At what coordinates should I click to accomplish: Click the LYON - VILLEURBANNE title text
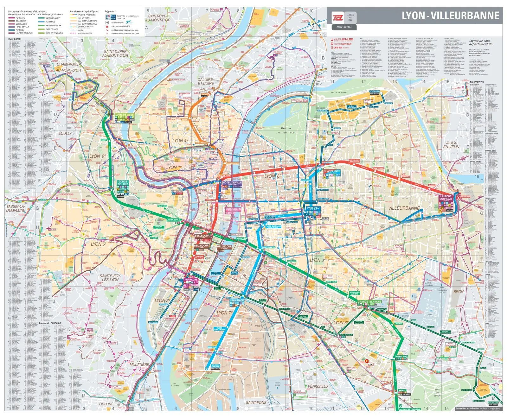tap(450, 16)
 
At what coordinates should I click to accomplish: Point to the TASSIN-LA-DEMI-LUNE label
tap(16, 208)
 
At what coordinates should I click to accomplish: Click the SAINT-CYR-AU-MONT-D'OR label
tap(158, 18)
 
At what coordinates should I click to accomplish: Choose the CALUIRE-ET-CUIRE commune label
tap(206, 81)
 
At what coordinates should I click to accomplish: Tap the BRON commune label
tap(458, 291)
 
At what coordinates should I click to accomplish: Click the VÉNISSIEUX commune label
tap(318, 386)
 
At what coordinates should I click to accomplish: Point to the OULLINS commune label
tap(106, 404)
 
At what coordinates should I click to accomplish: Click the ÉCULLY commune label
tap(65, 133)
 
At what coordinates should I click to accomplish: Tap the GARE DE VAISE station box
tap(125, 115)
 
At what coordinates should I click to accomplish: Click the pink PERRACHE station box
tap(191, 280)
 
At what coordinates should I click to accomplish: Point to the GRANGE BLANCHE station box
tap(369, 302)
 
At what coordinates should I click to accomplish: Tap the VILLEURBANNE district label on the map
tap(404, 208)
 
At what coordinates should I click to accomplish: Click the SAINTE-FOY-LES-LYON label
tap(110, 278)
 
